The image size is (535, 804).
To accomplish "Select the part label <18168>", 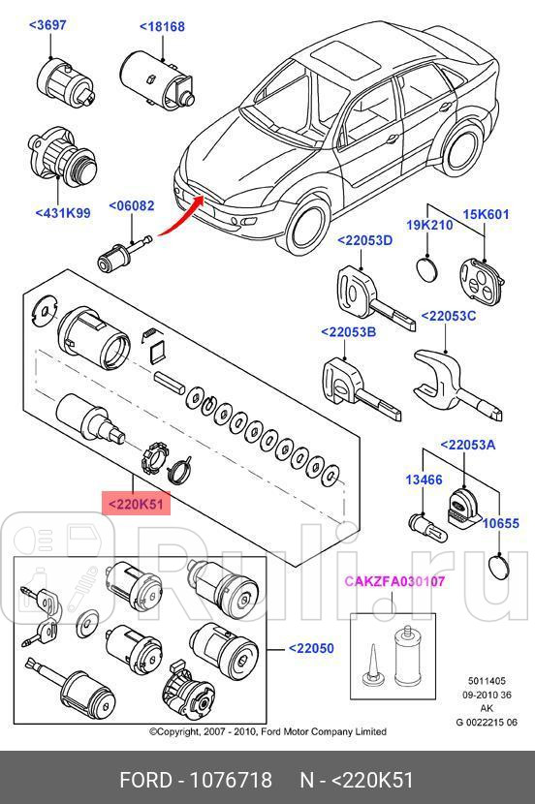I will [x=160, y=27].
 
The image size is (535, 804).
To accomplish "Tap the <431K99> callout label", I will [x=62, y=211].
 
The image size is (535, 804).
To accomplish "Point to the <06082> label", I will [x=131, y=205].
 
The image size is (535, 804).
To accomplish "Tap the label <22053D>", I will [x=364, y=240].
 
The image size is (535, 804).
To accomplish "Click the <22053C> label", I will [x=449, y=316].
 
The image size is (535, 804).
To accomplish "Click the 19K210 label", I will [x=429, y=225].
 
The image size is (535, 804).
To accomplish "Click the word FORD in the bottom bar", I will [x=142, y=779].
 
